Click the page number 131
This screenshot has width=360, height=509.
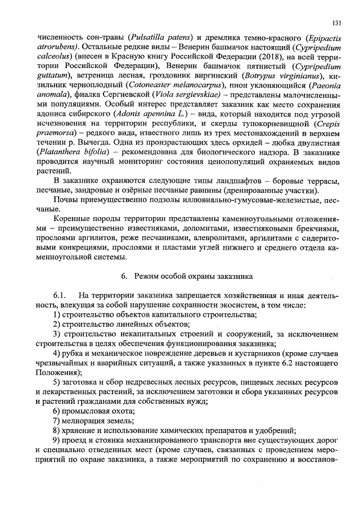coord(336,22)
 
